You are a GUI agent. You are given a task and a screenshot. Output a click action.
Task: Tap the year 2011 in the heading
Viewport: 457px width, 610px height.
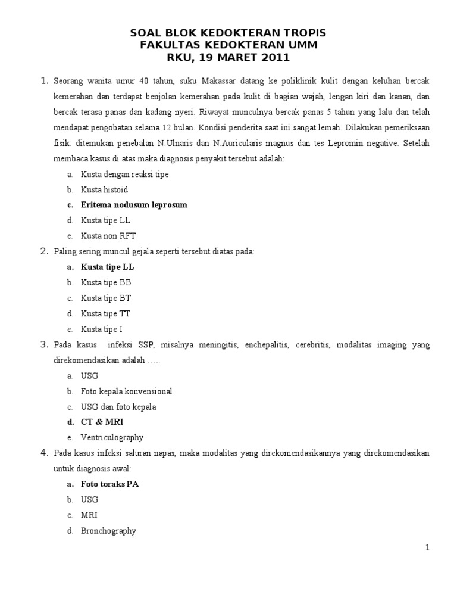pos(273,58)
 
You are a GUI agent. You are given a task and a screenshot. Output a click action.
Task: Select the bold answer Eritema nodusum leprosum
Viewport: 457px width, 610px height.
pos(134,205)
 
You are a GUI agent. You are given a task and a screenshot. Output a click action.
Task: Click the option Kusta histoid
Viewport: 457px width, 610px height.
pos(104,189)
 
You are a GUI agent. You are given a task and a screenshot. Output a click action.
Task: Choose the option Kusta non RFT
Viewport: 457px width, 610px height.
pos(108,236)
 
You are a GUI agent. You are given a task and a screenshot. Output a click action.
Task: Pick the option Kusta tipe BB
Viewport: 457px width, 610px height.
pos(106,282)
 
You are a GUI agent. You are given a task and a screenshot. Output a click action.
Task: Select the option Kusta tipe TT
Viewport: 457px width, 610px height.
pos(106,313)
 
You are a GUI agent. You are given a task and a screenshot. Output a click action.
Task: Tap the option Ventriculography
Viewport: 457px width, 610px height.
pos(112,437)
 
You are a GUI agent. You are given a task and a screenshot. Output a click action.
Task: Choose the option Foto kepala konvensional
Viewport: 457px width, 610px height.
pos(126,391)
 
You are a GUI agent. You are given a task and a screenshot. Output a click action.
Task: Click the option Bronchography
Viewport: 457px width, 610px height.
pos(108,530)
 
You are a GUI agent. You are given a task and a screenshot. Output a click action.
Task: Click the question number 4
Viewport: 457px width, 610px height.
pos(44,453)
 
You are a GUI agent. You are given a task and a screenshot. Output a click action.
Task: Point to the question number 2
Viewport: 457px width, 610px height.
pos(44,251)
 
